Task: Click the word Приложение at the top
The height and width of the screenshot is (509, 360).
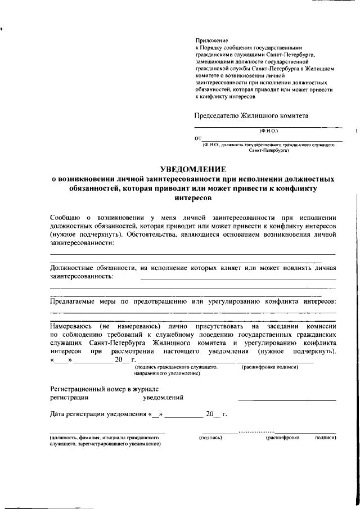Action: click(x=209, y=40)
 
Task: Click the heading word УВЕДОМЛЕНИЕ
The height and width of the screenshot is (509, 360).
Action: click(x=193, y=169)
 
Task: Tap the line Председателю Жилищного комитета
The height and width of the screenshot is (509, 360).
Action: click(x=251, y=116)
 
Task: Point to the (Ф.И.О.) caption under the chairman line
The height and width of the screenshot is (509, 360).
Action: click(x=268, y=130)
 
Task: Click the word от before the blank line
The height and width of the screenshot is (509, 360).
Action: click(x=198, y=138)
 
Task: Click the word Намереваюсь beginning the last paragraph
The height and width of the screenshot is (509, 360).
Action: click(x=71, y=326)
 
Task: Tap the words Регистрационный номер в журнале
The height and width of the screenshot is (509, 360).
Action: click(x=104, y=389)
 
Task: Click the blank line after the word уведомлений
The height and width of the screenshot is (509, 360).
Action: click(x=287, y=399)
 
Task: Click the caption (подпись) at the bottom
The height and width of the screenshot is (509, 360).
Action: click(x=210, y=438)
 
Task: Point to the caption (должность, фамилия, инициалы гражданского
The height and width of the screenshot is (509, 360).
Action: click(x=98, y=438)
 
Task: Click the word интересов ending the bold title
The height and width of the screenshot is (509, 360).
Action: click(x=193, y=199)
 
